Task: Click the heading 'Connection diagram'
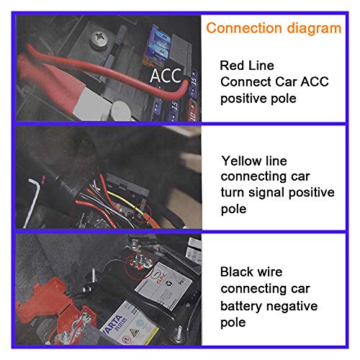coord(274,29)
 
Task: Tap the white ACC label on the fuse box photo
coord(166,76)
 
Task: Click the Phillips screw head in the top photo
coord(99,38)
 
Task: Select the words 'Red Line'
coord(247,66)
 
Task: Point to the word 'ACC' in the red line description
coord(315,81)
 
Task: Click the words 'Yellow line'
coord(254,161)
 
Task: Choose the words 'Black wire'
coord(251,272)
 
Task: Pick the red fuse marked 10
coord(192,112)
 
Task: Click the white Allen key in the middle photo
coord(32,202)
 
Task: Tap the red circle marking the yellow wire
coord(143,213)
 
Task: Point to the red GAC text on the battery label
coord(161,278)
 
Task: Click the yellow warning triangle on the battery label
coord(133,333)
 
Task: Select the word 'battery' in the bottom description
coord(242,306)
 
